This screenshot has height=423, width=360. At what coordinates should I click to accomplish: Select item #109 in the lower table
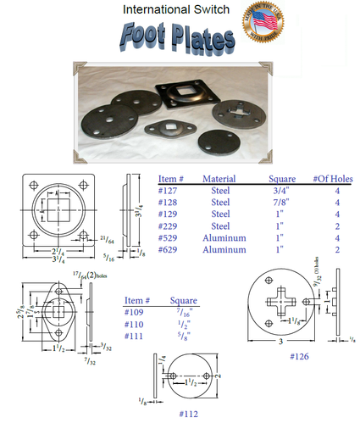point(136,313)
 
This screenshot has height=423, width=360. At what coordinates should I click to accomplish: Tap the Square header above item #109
point(184,300)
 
